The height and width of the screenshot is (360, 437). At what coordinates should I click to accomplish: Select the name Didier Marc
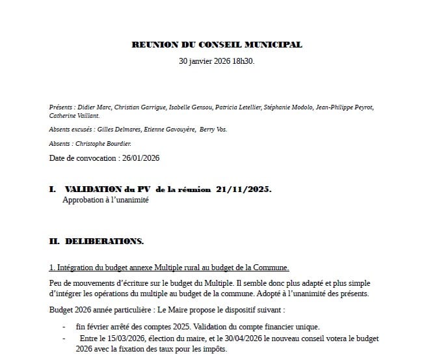tap(93, 107)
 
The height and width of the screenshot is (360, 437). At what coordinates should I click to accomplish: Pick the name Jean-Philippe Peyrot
tap(345, 107)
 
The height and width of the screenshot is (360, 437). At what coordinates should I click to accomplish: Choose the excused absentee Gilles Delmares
tap(124, 130)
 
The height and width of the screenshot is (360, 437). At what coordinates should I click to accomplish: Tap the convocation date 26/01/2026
tap(139, 158)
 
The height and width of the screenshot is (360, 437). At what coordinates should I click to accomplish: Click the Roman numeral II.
tap(54, 242)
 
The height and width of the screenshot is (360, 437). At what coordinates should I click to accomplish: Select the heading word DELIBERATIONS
tap(104, 242)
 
